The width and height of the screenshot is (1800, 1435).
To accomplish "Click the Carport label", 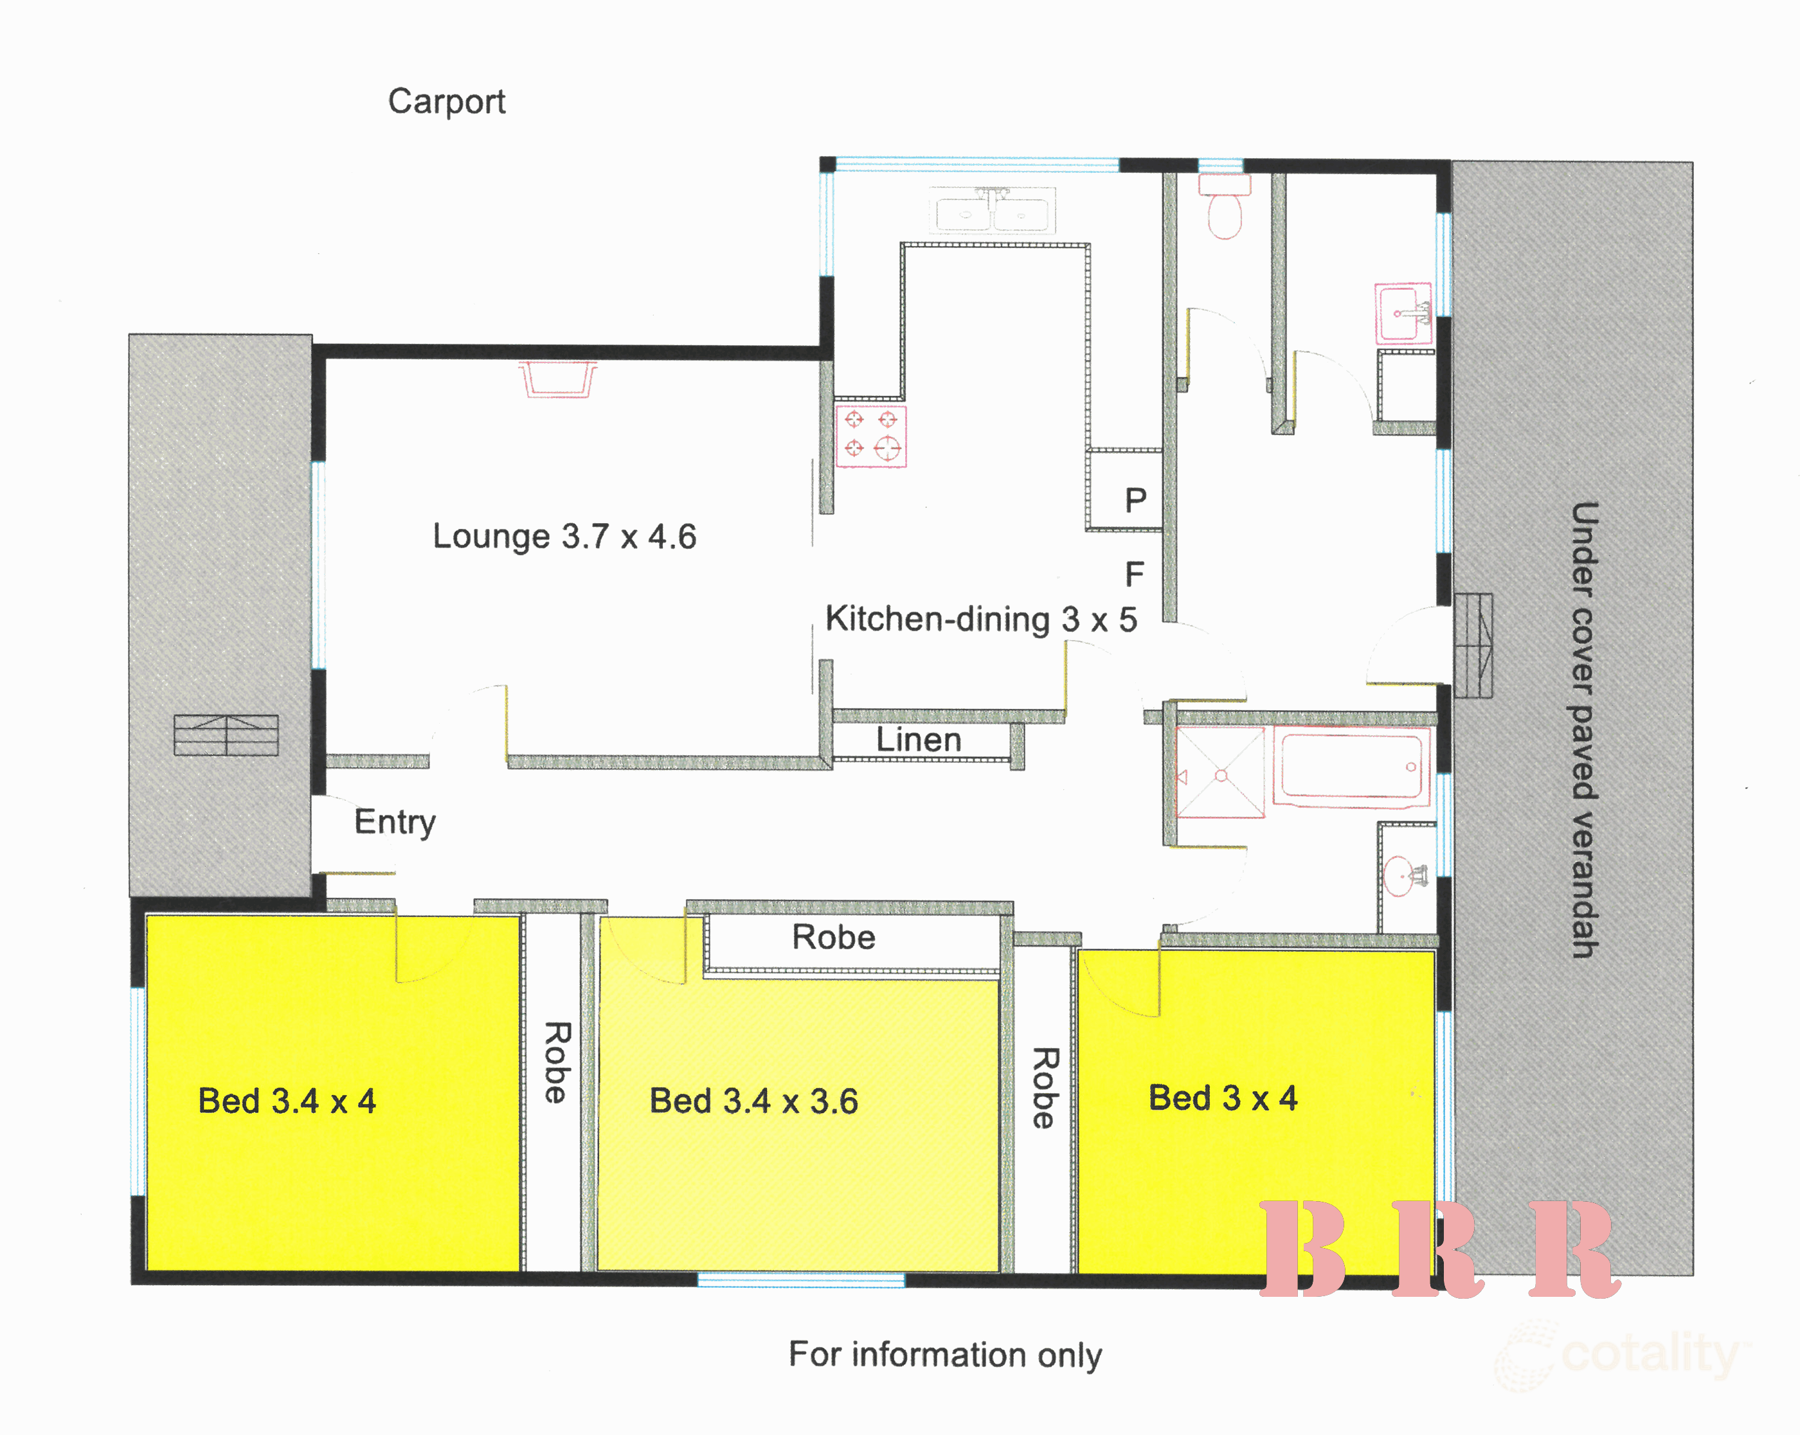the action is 447,102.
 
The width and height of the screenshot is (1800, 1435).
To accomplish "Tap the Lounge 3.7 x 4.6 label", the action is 564,536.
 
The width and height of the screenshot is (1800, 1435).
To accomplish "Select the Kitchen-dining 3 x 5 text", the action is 981,619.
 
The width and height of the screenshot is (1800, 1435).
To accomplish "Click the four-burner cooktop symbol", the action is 871,436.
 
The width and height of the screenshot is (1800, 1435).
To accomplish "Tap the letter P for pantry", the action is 1135,501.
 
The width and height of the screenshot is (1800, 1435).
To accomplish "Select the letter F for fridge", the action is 1135,575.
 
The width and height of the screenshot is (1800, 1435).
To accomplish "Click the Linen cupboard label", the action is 919,740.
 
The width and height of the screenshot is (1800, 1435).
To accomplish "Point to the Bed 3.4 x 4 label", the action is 287,1101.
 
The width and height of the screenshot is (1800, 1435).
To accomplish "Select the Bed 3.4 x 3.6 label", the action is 754,1101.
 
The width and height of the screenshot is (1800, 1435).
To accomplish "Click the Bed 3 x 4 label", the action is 1223,1098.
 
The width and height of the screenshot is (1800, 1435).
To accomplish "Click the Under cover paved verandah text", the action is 1584,729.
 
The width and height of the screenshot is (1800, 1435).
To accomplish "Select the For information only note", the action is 945,1355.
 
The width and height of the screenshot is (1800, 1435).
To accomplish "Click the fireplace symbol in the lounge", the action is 558,379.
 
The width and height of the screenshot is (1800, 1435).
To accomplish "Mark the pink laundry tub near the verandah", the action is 1403,314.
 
